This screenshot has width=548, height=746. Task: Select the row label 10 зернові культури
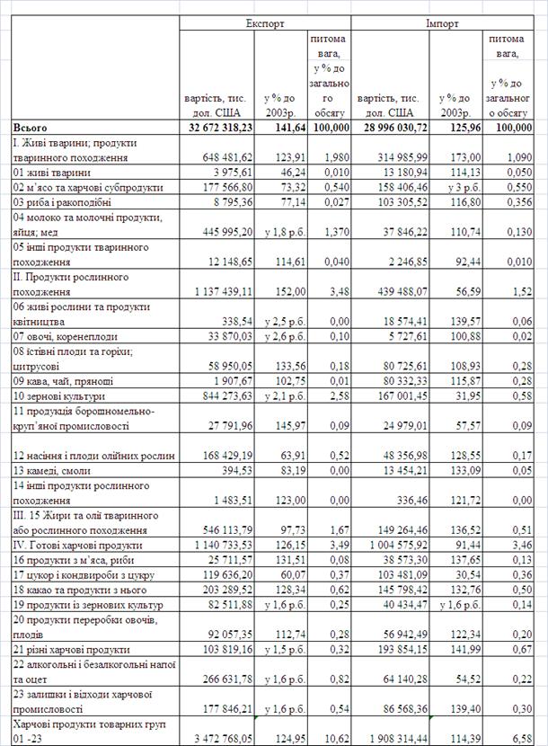click(58, 395)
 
